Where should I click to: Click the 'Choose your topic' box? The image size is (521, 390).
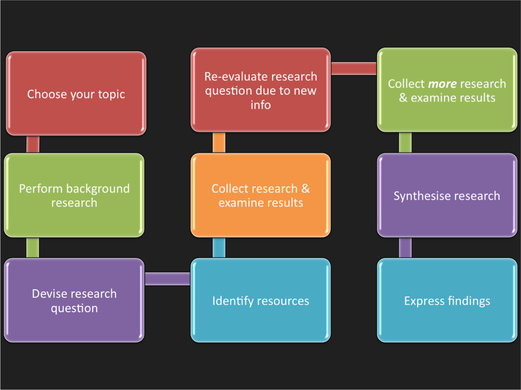[76, 93]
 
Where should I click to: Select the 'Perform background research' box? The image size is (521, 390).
[74, 195]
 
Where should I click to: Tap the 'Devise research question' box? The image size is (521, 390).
[74, 300]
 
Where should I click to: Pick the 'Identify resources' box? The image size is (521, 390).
[260, 300]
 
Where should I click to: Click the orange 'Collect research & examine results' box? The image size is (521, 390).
[260, 195]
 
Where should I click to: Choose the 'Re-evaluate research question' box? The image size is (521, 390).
[260, 90]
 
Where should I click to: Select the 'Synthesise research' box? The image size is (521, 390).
[447, 196]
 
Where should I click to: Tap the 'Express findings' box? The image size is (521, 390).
[447, 300]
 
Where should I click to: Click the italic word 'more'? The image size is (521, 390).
[442, 84]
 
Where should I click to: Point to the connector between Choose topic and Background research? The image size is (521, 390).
[33, 144]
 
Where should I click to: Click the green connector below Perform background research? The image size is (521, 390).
[32, 248]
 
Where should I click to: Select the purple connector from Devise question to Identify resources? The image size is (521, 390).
[167, 279]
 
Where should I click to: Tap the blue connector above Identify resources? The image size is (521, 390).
[219, 248]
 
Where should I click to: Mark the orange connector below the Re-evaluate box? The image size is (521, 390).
[219, 142]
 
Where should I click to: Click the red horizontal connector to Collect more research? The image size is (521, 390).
[354, 68]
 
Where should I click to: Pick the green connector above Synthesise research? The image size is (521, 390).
[405, 142]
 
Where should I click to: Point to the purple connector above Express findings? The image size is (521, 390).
[405, 248]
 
